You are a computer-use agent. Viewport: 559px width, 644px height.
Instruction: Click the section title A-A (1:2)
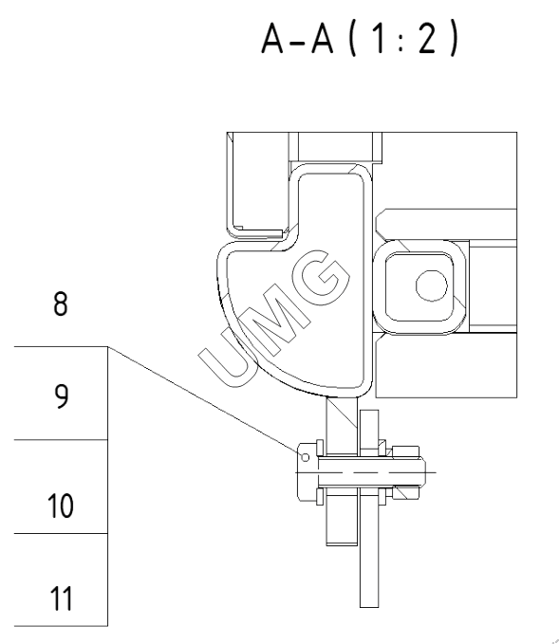point(360,39)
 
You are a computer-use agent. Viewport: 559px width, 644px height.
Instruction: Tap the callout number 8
point(61,304)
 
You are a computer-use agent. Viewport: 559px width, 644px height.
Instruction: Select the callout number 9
point(62,396)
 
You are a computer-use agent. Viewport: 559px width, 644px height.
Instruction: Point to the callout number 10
point(61,506)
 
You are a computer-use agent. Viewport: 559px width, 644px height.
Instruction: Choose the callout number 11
point(62,598)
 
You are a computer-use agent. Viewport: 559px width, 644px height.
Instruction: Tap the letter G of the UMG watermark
point(323,276)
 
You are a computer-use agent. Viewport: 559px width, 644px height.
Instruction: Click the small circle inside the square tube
point(432,285)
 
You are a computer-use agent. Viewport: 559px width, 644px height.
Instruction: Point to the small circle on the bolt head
point(305,457)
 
